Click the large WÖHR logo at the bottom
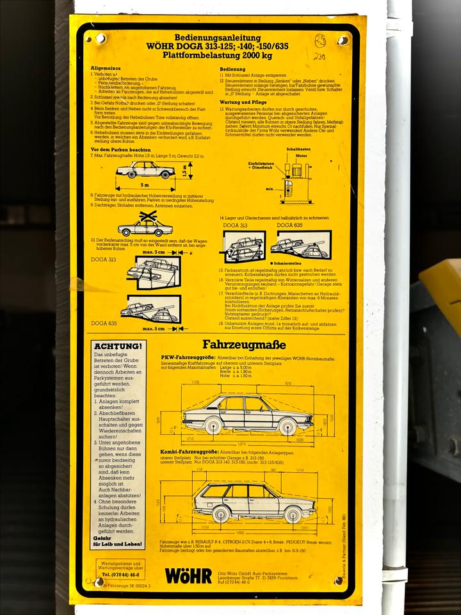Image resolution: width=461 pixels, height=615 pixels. coord(188,575)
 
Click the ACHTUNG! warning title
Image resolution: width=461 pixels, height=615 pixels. coord(117,346)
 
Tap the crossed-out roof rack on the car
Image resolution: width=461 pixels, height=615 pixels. coord(149,218)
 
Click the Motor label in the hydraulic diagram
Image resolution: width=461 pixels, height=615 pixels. coord(302,156)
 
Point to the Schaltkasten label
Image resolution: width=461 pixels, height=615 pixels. coord(298,149)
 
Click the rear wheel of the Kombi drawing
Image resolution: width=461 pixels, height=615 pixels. coord(221,514)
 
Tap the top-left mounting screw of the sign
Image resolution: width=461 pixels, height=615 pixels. coord(100,38)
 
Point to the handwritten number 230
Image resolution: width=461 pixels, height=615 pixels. coord(318,57)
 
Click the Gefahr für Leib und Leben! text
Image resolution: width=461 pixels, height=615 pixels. coord(116,541)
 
